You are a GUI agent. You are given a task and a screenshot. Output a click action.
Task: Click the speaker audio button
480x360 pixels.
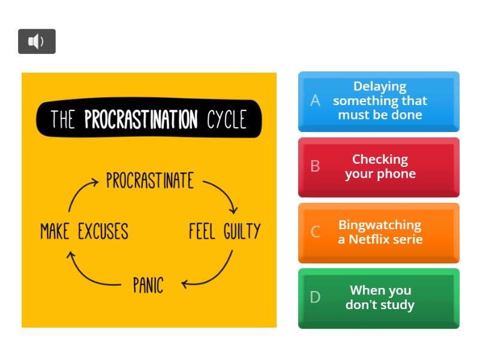click(x=37, y=41)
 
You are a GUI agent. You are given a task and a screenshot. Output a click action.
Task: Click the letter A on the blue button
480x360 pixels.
click(x=315, y=101)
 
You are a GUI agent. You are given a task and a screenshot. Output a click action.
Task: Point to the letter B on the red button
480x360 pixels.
click(x=315, y=166)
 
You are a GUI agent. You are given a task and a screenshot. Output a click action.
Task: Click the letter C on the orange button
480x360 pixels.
click(x=315, y=232)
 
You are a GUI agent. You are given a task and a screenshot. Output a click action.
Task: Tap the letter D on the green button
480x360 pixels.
click(x=315, y=297)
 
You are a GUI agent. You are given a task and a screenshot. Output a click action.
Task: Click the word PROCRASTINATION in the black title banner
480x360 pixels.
click(x=141, y=119)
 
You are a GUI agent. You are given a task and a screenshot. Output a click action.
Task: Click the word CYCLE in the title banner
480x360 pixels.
click(x=227, y=119)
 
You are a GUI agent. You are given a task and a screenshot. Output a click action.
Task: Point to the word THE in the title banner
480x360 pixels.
click(x=63, y=119)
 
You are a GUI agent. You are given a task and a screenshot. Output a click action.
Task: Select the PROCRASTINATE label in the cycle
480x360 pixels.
click(x=150, y=181)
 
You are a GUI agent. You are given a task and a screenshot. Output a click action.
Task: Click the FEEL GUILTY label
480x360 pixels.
click(x=225, y=231)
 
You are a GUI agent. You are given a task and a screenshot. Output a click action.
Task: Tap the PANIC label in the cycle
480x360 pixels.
click(x=148, y=285)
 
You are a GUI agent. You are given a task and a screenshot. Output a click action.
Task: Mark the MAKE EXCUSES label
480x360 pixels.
click(x=84, y=231)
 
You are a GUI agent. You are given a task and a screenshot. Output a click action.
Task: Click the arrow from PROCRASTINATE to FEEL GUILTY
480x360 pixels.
click(x=223, y=193)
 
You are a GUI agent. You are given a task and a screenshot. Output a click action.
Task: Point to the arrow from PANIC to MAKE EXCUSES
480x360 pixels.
click(x=87, y=273)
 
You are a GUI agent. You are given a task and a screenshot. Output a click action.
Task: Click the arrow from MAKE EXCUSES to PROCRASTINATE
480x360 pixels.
click(x=80, y=192)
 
